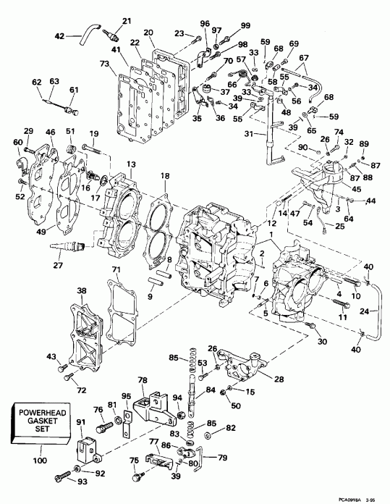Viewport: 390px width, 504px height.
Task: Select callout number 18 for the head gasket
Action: coord(165,176)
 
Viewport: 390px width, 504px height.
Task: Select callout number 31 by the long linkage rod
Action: coord(250,135)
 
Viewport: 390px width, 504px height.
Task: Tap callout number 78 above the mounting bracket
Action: coord(143,380)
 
